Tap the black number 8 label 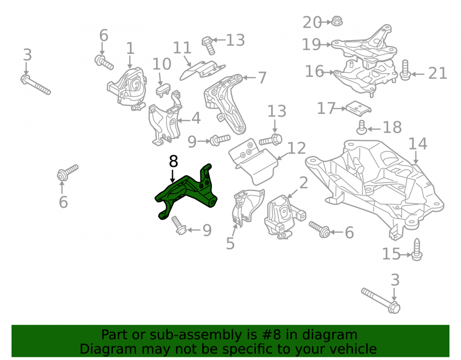173,161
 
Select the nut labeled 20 337,21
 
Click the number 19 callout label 311,44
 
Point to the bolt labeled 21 405,70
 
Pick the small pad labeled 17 358,108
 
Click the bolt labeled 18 361,127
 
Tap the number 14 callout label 418,144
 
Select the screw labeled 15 417,249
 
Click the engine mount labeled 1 127,88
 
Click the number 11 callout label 182,47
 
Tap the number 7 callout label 262,78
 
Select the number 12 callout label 296,148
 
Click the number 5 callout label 230,243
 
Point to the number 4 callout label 196,118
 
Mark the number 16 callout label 314,71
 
